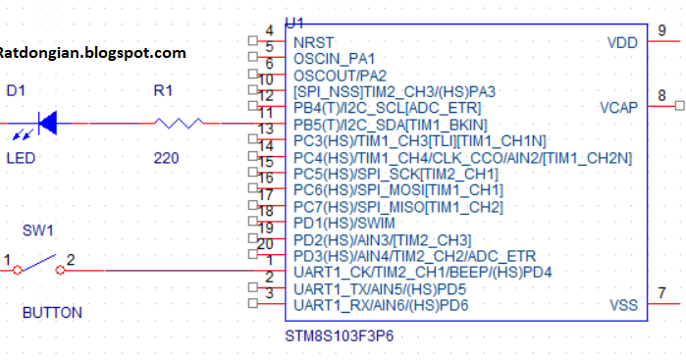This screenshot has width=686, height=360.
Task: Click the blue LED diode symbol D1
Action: pos(46,124)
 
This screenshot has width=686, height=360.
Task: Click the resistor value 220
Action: pos(166,157)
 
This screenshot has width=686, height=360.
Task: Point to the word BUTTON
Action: pos(52,313)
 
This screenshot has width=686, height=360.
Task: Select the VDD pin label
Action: pos(623,42)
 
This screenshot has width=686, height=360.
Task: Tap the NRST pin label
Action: pos(313,42)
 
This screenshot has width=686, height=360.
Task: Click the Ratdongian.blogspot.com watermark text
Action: pos(92,52)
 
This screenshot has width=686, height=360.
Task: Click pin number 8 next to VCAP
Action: pos(662,94)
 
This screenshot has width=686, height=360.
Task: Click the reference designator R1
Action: pos(163,91)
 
